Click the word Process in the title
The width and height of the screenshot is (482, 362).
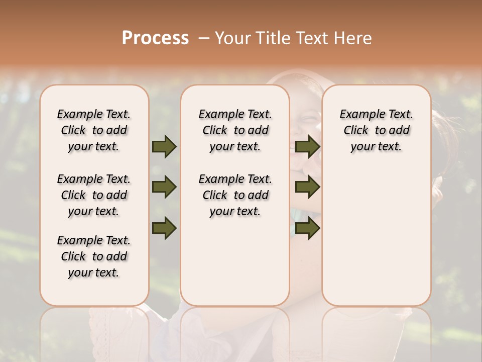(x=155, y=38)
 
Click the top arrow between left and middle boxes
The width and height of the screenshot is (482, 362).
(x=164, y=146)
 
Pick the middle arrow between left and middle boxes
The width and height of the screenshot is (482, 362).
(x=164, y=187)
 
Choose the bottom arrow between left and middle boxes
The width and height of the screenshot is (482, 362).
(x=164, y=228)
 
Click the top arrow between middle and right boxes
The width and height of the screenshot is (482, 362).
(x=307, y=146)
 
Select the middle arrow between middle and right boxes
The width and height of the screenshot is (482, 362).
(x=307, y=187)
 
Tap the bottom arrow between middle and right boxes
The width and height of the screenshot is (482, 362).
(x=307, y=228)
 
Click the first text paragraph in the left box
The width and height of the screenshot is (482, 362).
(x=94, y=130)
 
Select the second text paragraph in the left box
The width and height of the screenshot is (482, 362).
(x=94, y=195)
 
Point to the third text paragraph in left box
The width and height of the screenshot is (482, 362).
(x=94, y=256)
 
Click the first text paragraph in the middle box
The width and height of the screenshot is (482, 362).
(x=235, y=130)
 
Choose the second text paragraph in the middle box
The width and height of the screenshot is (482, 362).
(x=235, y=195)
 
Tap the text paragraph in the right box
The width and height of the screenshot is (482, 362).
(x=376, y=130)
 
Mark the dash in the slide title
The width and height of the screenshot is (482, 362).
(x=203, y=38)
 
